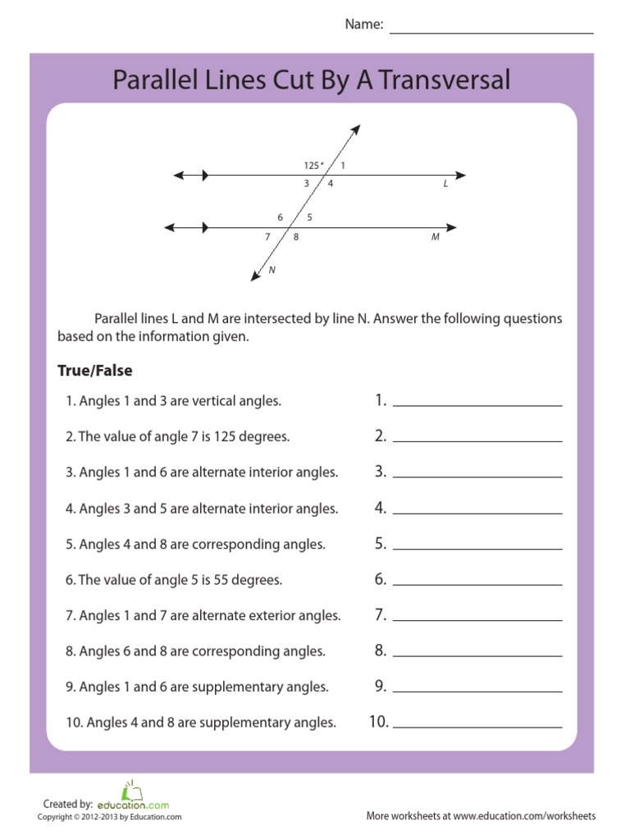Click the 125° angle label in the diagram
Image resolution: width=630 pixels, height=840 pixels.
(x=313, y=166)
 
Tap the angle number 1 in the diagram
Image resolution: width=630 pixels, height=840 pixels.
(x=343, y=166)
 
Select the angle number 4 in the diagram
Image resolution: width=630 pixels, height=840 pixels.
(x=331, y=184)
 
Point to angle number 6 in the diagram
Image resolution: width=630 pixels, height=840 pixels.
(x=280, y=217)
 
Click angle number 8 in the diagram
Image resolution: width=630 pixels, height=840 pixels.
(x=296, y=237)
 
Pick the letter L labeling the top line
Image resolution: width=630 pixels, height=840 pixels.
(x=446, y=185)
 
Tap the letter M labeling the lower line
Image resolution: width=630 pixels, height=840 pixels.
(x=436, y=237)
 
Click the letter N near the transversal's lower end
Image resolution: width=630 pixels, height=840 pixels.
(x=272, y=270)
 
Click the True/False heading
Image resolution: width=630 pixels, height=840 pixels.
(x=94, y=371)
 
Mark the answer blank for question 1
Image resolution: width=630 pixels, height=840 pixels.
(x=477, y=401)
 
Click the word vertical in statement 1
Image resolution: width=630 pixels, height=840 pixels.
(x=214, y=401)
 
